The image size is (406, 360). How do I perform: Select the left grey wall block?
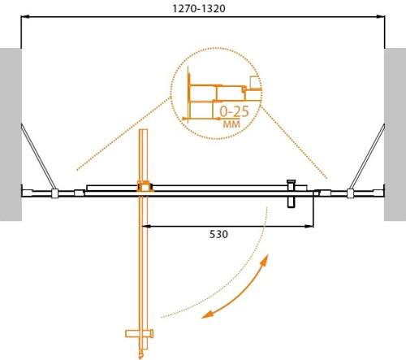pyautogui.click(x=11, y=134)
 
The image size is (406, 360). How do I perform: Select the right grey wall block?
pyautogui.click(x=395, y=134)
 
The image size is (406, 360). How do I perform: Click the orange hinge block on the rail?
pyautogui.click(x=145, y=187)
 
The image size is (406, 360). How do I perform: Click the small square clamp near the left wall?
pyautogui.click(x=54, y=193)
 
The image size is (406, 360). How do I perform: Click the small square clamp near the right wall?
pyautogui.click(x=350, y=193)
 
